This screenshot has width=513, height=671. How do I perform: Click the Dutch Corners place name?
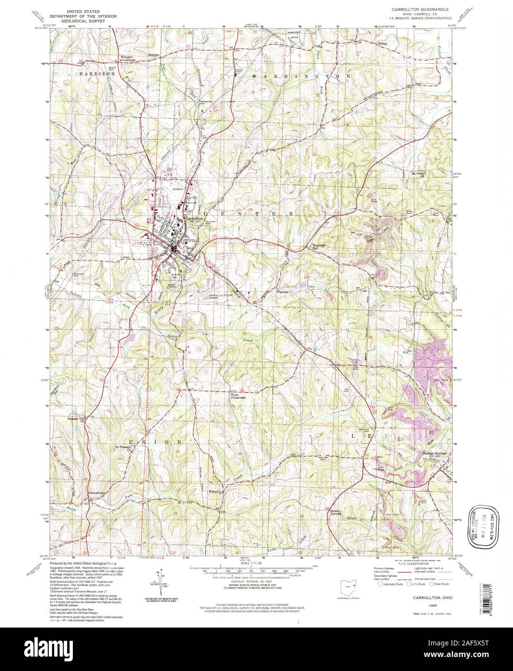click(x=336, y=512)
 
